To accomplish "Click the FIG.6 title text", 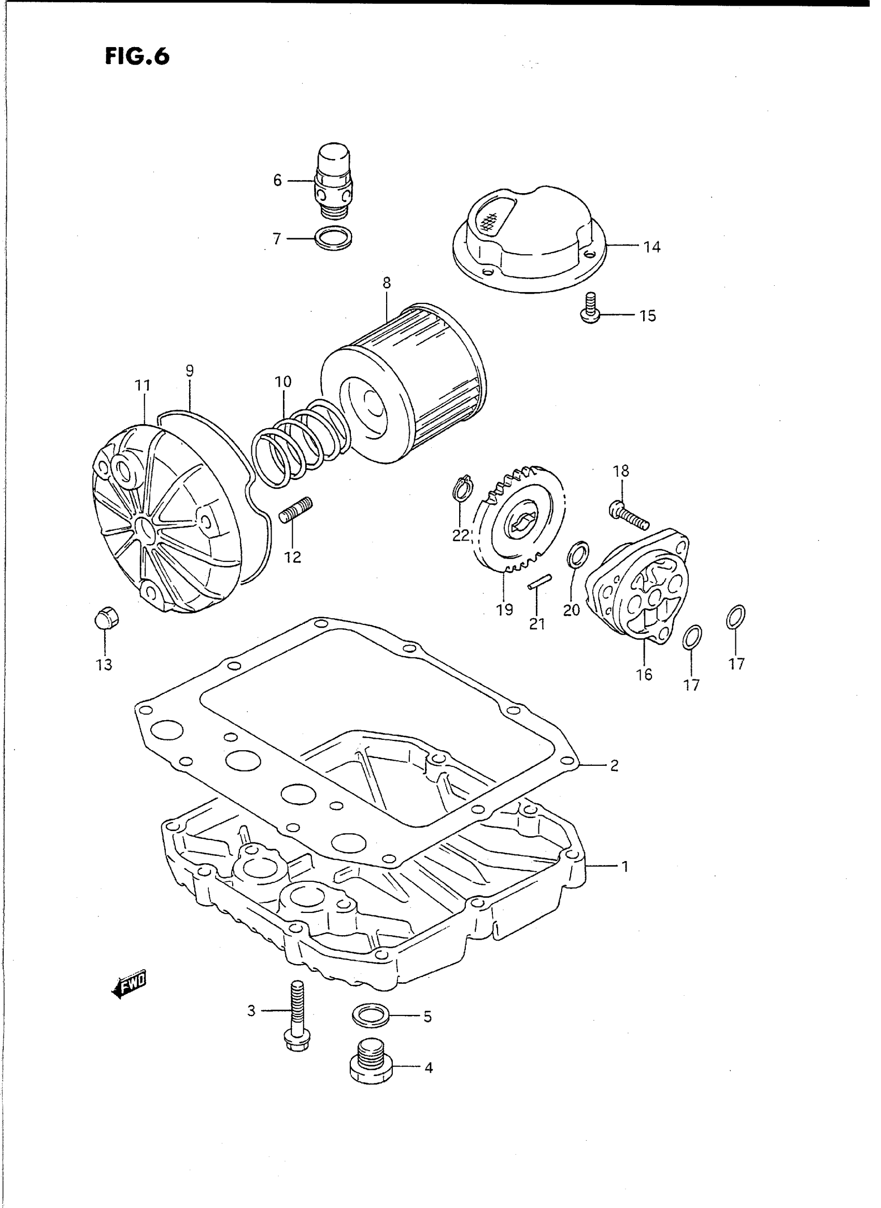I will coord(137,55).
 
